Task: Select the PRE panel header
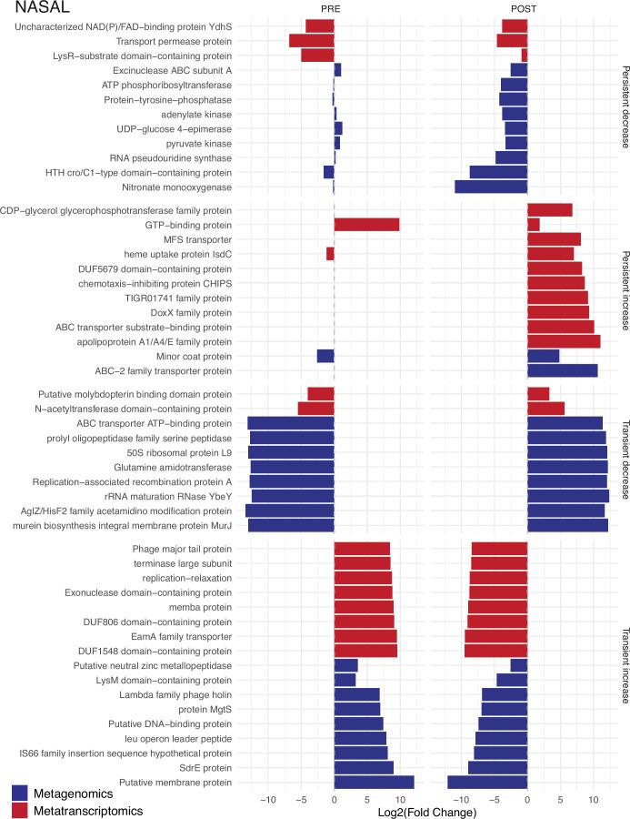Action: coord(334,10)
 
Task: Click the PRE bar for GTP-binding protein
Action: coord(366,224)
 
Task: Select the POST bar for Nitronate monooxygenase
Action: coord(491,187)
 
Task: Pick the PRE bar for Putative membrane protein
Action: coord(374,782)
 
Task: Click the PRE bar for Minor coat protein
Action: coord(325,356)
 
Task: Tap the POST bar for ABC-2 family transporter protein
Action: coord(562,370)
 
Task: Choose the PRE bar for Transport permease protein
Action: coord(311,40)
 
